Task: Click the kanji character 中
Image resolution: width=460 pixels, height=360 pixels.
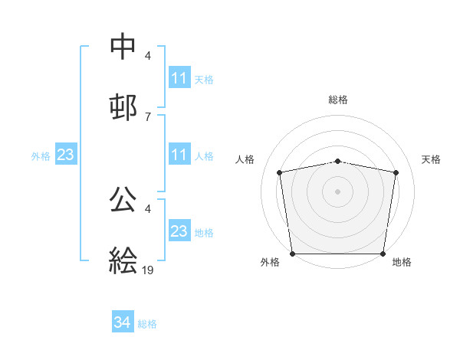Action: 123,47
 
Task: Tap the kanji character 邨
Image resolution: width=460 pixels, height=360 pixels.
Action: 123,106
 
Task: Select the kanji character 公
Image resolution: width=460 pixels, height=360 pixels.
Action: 123,199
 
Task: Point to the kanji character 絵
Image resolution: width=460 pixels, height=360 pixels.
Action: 123,260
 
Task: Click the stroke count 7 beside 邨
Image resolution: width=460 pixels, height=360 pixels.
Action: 147,116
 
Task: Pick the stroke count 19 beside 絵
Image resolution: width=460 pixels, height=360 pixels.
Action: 148,270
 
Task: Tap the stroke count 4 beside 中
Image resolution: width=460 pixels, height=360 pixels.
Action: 147,57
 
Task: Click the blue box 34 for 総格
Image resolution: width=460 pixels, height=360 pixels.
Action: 123,323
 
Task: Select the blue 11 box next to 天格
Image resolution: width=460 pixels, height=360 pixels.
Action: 179,78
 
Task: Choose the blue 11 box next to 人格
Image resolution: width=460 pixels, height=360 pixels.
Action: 179,155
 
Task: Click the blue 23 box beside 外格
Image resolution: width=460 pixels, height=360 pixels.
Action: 66,155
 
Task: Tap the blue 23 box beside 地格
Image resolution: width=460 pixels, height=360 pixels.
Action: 179,231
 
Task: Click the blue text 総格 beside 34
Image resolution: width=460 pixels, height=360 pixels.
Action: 147,324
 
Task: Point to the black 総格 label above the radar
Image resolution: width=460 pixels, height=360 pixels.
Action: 337,100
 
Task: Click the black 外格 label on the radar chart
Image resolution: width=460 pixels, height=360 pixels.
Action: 270,262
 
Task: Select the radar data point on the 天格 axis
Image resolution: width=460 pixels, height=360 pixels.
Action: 396,172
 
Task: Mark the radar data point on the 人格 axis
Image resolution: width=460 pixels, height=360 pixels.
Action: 280,172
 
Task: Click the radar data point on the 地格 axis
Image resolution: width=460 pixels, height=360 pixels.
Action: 383,254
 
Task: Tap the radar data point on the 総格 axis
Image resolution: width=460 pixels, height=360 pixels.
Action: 337,161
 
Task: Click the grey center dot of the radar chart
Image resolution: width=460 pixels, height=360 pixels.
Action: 337,191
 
